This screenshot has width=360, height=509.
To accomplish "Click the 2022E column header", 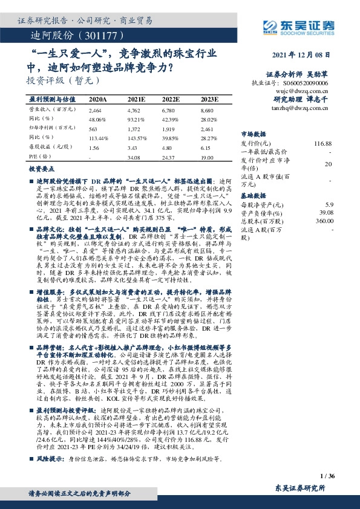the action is point(171,99).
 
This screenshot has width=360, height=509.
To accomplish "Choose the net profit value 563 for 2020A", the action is point(93,129).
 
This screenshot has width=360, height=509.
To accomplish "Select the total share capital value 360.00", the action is point(324,221).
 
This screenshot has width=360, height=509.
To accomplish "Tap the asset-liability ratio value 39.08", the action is point(326,213).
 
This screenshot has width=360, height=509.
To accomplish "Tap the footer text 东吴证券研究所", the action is point(299,487).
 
